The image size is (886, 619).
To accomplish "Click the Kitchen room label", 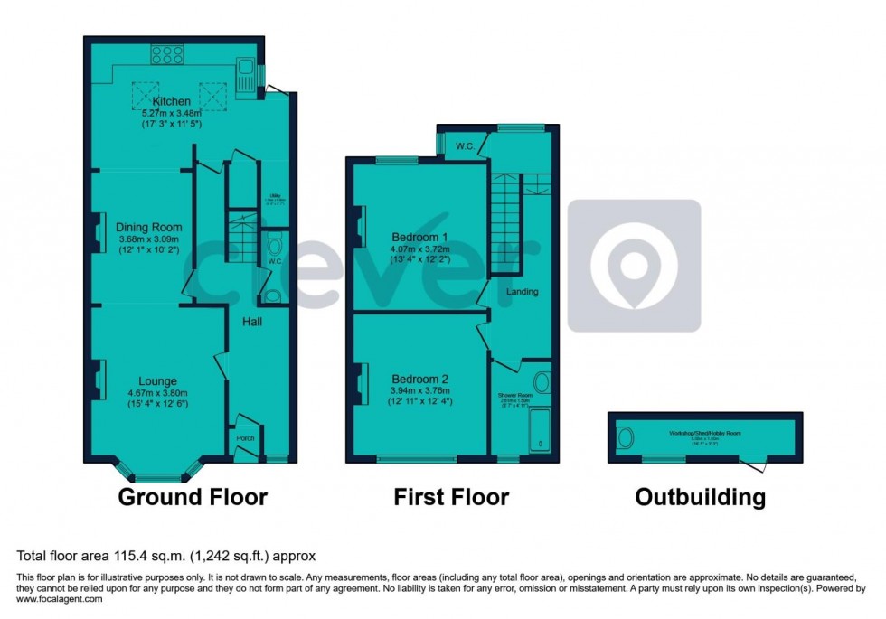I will coord(172,101).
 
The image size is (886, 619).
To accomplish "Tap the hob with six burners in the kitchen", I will coord(167,54).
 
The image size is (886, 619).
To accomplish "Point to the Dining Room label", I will coord(149,228).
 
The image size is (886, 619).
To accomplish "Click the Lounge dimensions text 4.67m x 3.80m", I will coord(158,392).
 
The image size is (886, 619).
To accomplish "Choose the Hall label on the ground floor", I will coord(251,322).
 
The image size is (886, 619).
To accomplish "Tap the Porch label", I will coord(245,439).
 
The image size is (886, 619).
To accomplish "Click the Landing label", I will coord(523,292).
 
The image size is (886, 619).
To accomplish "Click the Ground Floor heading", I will coord(193,496).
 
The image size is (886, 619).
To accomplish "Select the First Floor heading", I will coord(451,496).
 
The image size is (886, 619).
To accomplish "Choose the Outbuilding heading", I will coord(700,496).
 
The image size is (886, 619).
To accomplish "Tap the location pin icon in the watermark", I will coord(634,264).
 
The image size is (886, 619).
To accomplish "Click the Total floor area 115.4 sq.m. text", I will coord(165,556).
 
